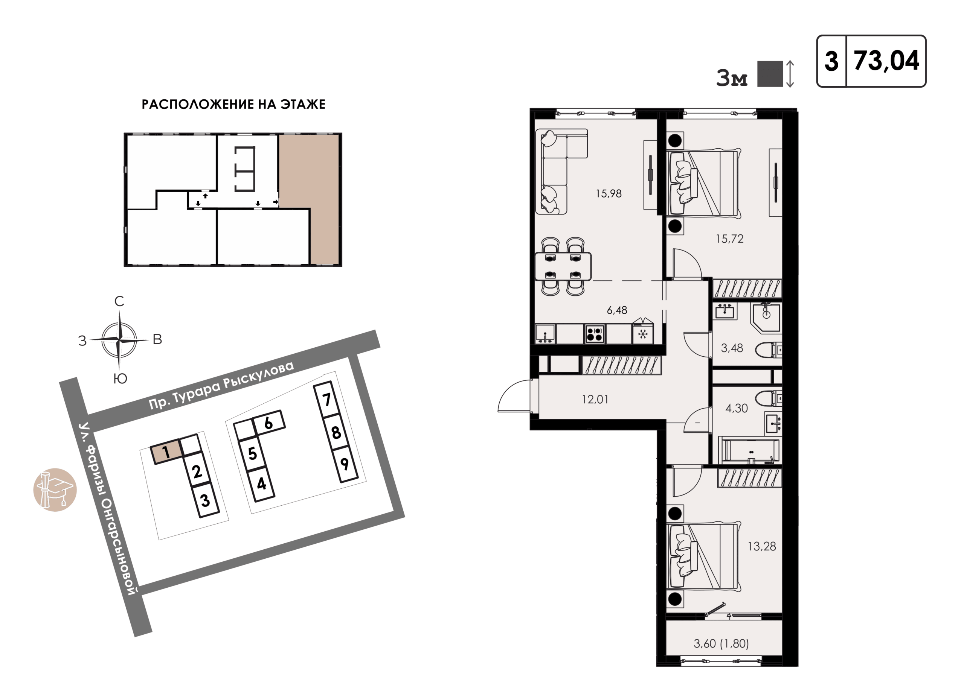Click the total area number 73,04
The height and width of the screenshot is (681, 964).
pos(886,61)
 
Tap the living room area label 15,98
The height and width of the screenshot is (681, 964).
pos(609,193)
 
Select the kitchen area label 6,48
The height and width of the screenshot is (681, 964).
pos(617,310)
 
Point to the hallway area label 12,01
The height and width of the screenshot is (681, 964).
pos(595,399)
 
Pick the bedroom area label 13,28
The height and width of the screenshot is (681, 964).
pos(762,546)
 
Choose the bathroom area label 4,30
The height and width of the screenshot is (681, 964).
pos(737,408)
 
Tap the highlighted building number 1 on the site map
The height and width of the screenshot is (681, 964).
pos(166,452)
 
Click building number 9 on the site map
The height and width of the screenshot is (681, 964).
pos(344,464)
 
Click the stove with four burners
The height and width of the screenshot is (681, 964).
pos(595,334)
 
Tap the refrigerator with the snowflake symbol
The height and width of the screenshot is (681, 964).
pos(643,331)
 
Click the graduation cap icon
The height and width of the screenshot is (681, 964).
pos(55,489)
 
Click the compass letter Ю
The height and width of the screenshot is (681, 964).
pos(120,379)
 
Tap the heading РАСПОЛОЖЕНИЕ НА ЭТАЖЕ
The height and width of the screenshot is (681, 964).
pos(233,104)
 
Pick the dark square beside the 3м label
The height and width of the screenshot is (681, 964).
pos(770,74)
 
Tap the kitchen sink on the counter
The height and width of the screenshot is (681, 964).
pos(545,334)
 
